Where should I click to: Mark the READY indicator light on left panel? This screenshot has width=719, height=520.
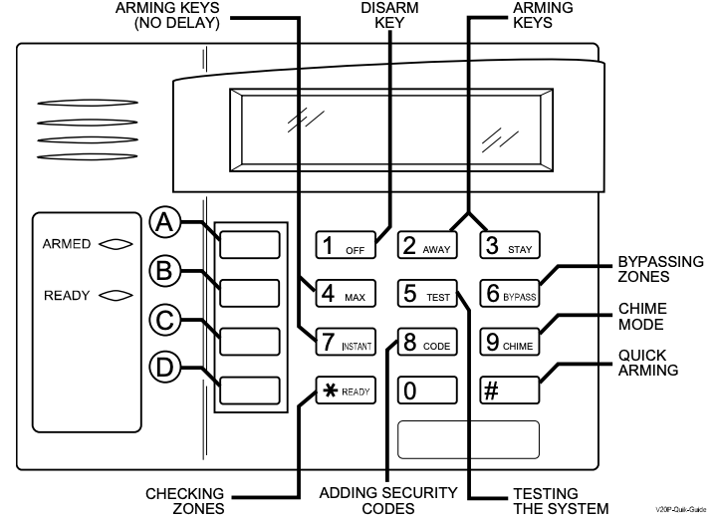pyautogui.click(x=114, y=295)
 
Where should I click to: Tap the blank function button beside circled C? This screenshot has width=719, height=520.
pyautogui.click(x=249, y=341)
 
